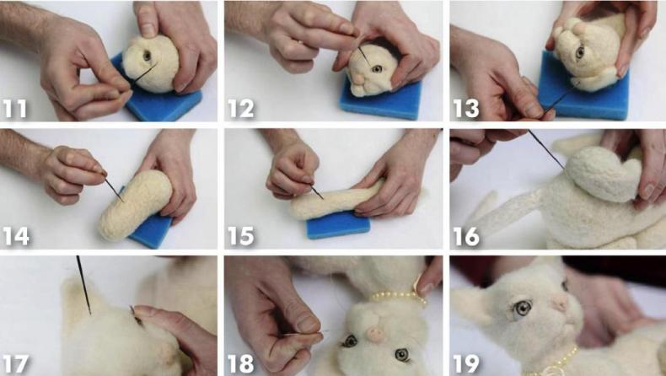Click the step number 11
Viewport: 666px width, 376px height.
[15, 109]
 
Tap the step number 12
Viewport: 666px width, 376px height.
[241, 109]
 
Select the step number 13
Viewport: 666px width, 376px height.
[466, 109]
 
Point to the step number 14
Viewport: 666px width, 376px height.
[16, 236]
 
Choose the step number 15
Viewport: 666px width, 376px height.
[241, 236]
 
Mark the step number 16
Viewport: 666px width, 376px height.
[466, 236]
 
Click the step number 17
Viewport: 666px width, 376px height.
[16, 364]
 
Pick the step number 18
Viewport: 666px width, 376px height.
[241, 364]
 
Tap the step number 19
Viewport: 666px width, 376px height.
[466, 364]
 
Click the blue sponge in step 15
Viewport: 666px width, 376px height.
[338, 224]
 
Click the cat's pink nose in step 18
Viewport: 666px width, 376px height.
[375, 334]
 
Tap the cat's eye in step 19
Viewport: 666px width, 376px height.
[523, 308]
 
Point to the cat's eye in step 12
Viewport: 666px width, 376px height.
[377, 69]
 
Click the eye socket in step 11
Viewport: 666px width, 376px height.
[147, 56]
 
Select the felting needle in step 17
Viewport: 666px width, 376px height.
[83, 285]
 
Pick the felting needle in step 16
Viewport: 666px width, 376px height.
[546, 149]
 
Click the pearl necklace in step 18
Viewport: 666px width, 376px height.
[397, 297]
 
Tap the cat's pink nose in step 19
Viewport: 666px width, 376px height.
[561, 303]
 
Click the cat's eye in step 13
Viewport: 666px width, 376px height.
[580, 52]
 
